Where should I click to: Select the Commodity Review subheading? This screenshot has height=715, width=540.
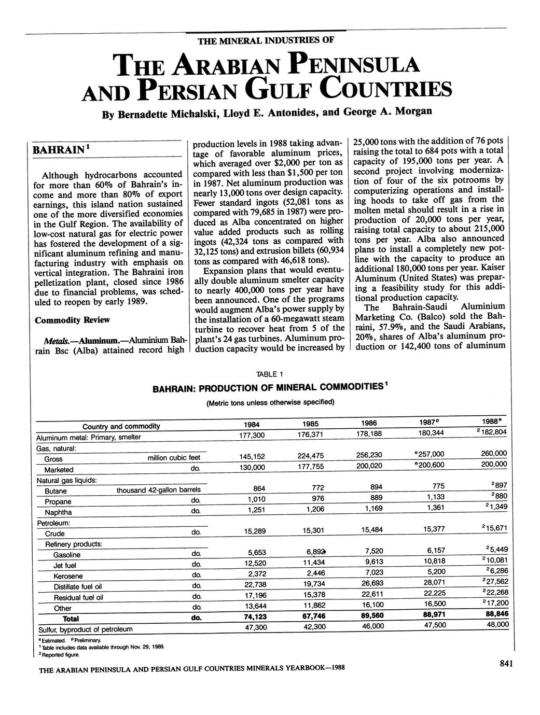pyautogui.click(x=72, y=320)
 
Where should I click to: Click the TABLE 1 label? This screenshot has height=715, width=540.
pyautogui.click(x=270, y=374)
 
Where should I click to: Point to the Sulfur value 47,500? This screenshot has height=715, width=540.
pyautogui.click(x=434, y=625)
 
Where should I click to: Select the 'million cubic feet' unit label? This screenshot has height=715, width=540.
pyautogui.click(x=173, y=458)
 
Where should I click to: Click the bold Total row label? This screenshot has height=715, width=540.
pyautogui.click(x=71, y=619)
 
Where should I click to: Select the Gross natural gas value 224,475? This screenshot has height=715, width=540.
pyautogui.click(x=311, y=456)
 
